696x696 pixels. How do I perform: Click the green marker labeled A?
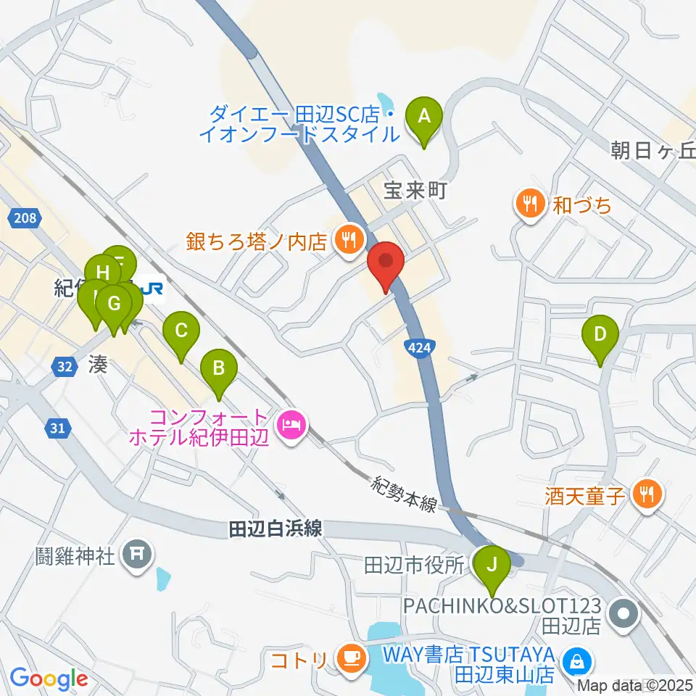pyautogui.click(x=425, y=116)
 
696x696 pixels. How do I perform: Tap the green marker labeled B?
pyautogui.click(x=218, y=368)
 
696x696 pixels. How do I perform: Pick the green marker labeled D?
pyautogui.click(x=600, y=334)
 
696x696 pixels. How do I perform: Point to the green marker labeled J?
pyautogui.click(x=492, y=563)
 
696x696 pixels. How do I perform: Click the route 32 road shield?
pyautogui.click(x=65, y=367)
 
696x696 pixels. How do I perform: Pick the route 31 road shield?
pyautogui.click(x=58, y=428)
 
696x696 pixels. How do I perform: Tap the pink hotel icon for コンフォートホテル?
pyautogui.click(x=293, y=423)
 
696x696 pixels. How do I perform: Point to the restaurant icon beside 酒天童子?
pyautogui.click(x=645, y=495)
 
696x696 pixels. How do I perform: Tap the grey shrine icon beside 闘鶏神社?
pyautogui.click(x=137, y=555)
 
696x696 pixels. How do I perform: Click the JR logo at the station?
pyautogui.click(x=153, y=289)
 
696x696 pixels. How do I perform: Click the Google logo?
pyautogui.click(x=49, y=679)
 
